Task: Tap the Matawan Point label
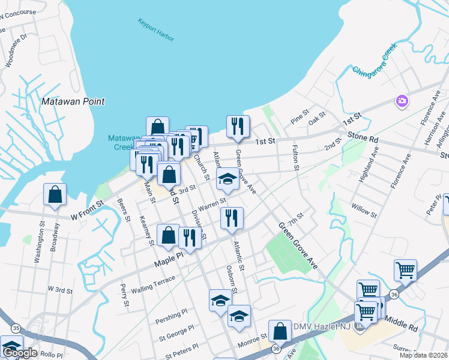click(x=73, y=102)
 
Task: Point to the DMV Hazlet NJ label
click(x=325, y=326)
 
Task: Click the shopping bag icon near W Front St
click(x=55, y=194)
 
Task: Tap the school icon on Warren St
click(x=228, y=178)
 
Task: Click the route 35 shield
click(x=16, y=328)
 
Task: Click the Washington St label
click(x=39, y=243)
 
